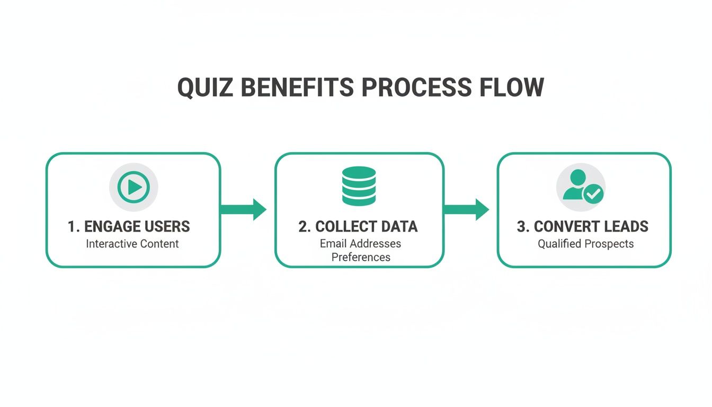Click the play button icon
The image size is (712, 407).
[133, 187]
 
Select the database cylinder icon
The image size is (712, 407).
[359, 186]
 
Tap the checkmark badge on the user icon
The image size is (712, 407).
[593, 195]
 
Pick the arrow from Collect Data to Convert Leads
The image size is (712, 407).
[466, 209]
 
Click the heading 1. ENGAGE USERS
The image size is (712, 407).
[129, 227]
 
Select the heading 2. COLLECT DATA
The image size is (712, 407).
[358, 227]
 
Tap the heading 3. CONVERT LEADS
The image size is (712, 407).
[583, 227]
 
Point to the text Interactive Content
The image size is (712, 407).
[132, 244]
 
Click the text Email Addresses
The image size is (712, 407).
[360, 244]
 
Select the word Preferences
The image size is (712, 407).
[361, 258]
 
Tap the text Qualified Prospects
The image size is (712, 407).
[585, 244]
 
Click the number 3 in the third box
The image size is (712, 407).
[521, 227]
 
